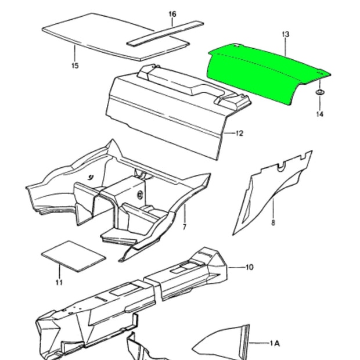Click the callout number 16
pos(172,15)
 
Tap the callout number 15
pos(75,66)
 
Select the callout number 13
pos(285,34)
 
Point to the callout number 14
pos(320,114)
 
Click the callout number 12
pos(239,133)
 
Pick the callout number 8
pos(273,222)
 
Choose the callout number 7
pos(185,227)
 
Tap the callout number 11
pos(59,282)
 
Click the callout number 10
pos(250,267)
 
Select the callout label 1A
pos(275,343)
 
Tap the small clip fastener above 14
pos(319,92)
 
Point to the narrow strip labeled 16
pos(165,34)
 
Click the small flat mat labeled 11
pos(74,256)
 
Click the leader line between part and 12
pos(229,133)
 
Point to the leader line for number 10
pos(236,267)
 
